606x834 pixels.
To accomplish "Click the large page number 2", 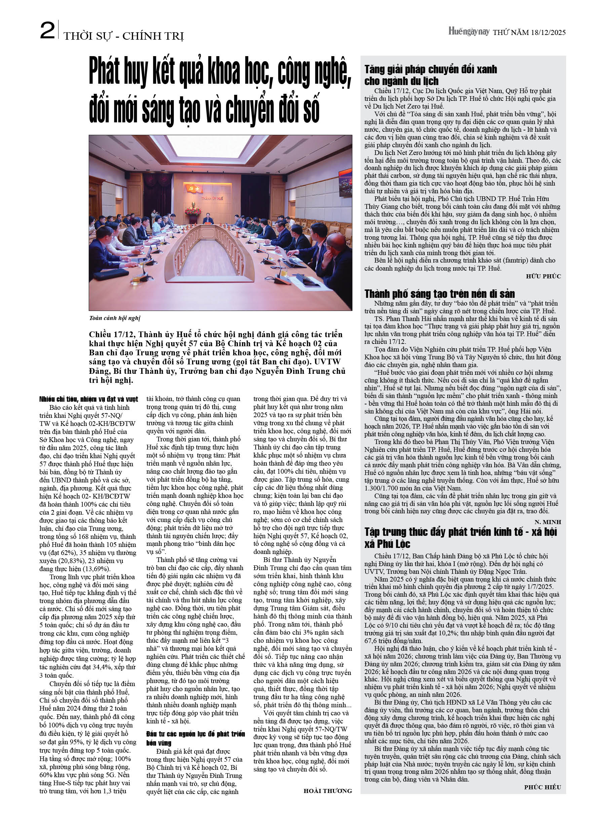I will pyautogui.click(x=47, y=31).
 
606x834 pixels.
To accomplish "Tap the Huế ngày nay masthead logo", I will pyautogui.click(x=468, y=32).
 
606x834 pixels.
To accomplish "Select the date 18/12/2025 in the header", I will pyautogui.click(x=548, y=32).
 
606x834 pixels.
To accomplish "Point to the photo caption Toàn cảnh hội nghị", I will pyautogui.click(x=114, y=318).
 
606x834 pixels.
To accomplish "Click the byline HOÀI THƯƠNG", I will pyautogui.click(x=328, y=791).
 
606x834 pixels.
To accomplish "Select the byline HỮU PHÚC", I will pyautogui.click(x=543, y=277).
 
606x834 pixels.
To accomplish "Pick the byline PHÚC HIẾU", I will pyautogui.click(x=542, y=787).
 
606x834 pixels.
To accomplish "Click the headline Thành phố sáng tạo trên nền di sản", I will pyautogui.click(x=439, y=294).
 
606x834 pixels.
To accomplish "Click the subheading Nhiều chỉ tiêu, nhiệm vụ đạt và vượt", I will pyautogui.click(x=89, y=399).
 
